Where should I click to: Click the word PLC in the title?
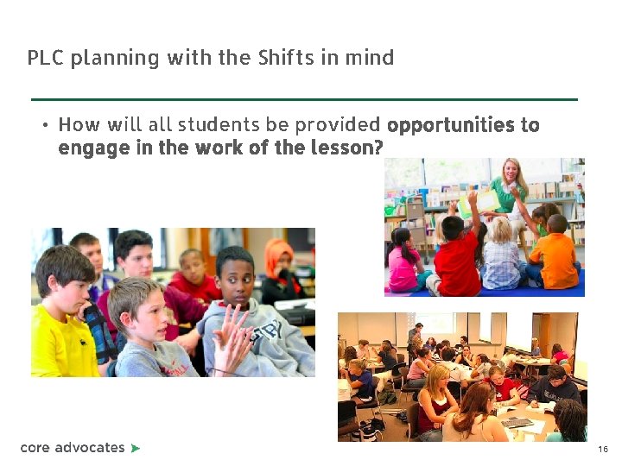[46, 58]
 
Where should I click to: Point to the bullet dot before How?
[44, 125]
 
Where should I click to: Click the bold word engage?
[90, 148]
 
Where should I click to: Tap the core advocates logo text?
[73, 447]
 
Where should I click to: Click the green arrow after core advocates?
[136, 448]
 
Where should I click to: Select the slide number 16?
[602, 450]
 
